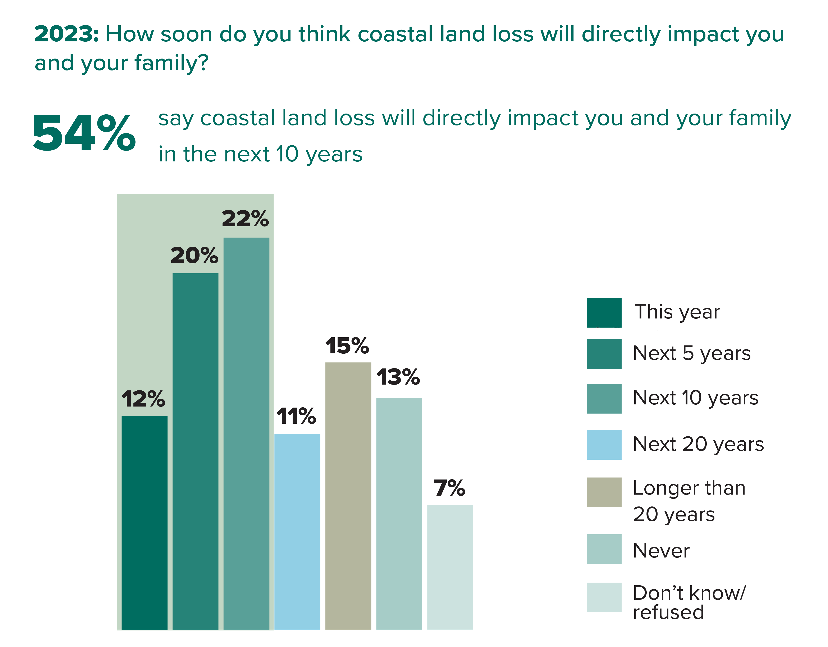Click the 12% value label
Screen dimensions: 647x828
click(143, 399)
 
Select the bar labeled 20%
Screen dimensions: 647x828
click(195, 451)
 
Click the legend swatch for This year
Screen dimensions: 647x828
click(604, 313)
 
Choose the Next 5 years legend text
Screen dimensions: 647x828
click(692, 353)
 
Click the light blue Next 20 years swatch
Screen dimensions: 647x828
click(604, 445)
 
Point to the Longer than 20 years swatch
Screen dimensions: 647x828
click(604, 492)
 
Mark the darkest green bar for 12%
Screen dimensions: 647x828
click(145, 523)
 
